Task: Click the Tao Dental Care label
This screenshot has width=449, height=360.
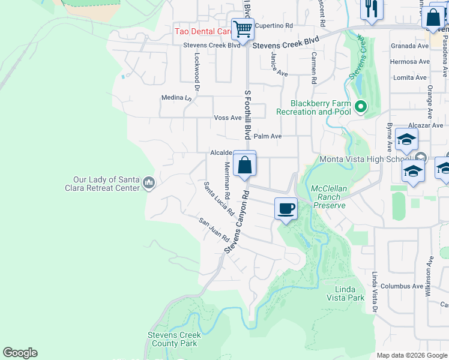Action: click(x=203, y=31)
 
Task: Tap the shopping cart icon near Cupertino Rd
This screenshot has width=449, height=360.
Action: click(x=243, y=28)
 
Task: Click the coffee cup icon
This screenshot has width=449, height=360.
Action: click(x=286, y=208)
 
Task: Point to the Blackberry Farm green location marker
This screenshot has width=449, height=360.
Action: click(x=360, y=107)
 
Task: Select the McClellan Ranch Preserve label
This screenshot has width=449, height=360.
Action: click(x=329, y=197)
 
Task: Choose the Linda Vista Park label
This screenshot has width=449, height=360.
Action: click(x=345, y=293)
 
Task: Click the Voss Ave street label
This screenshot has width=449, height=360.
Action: click(x=228, y=118)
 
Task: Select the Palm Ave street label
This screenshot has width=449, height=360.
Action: click(x=268, y=136)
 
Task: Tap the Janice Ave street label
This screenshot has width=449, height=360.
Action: click(x=280, y=64)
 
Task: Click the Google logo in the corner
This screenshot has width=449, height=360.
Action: click(x=20, y=353)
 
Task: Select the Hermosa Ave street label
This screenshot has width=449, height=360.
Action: click(x=410, y=61)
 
